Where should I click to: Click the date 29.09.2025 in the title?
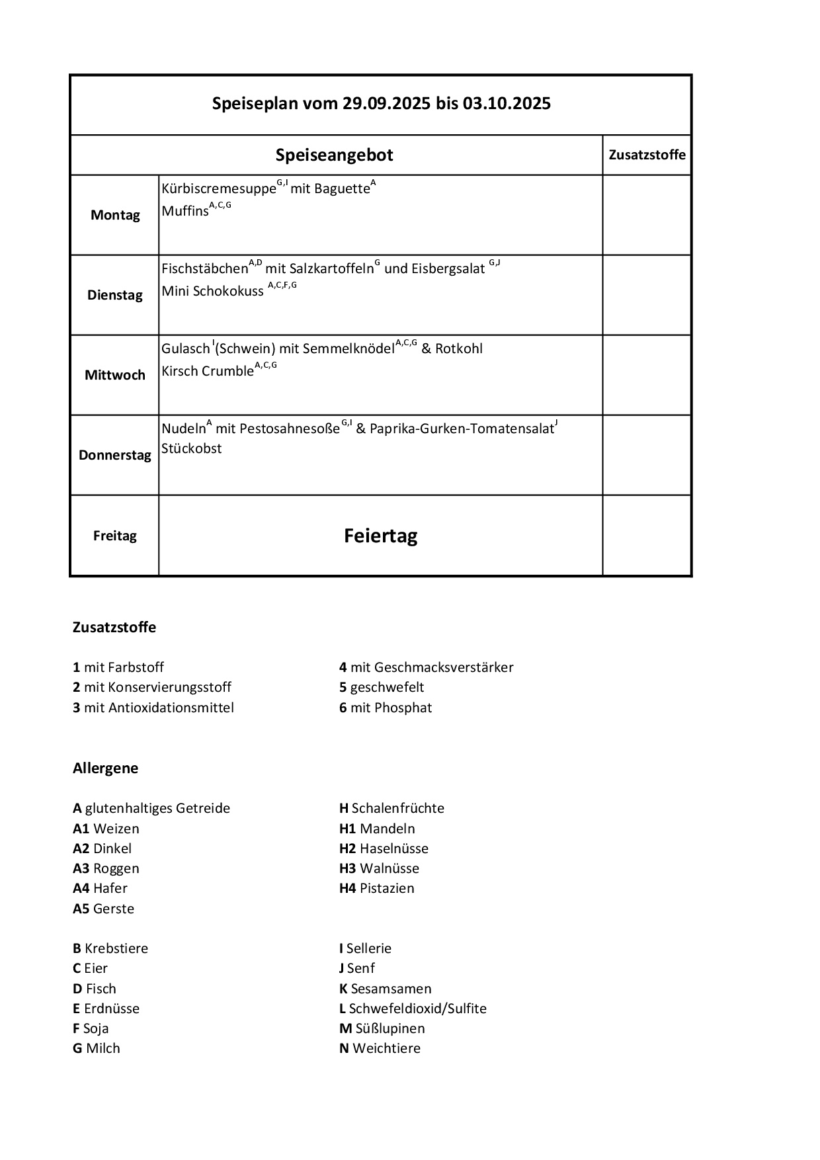click(386, 104)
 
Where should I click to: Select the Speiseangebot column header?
click(334, 155)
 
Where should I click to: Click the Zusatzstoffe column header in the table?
click(647, 155)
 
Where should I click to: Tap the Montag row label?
click(115, 216)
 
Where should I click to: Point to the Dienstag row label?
click(115, 296)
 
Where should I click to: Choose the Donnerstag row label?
click(115, 456)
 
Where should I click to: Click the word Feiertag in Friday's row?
click(380, 536)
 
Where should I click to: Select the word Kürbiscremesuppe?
click(218, 189)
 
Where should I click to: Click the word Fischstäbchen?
click(204, 269)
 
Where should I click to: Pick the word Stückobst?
click(192, 449)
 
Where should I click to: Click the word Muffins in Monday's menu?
click(185, 212)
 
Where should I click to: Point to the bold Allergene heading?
click(105, 768)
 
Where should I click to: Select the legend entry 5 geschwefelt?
click(382, 688)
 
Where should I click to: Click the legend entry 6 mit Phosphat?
click(386, 708)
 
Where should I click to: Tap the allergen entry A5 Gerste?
click(103, 909)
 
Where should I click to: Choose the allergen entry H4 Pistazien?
click(376, 889)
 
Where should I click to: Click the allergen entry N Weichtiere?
click(380, 1049)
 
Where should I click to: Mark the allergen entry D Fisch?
click(95, 989)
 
